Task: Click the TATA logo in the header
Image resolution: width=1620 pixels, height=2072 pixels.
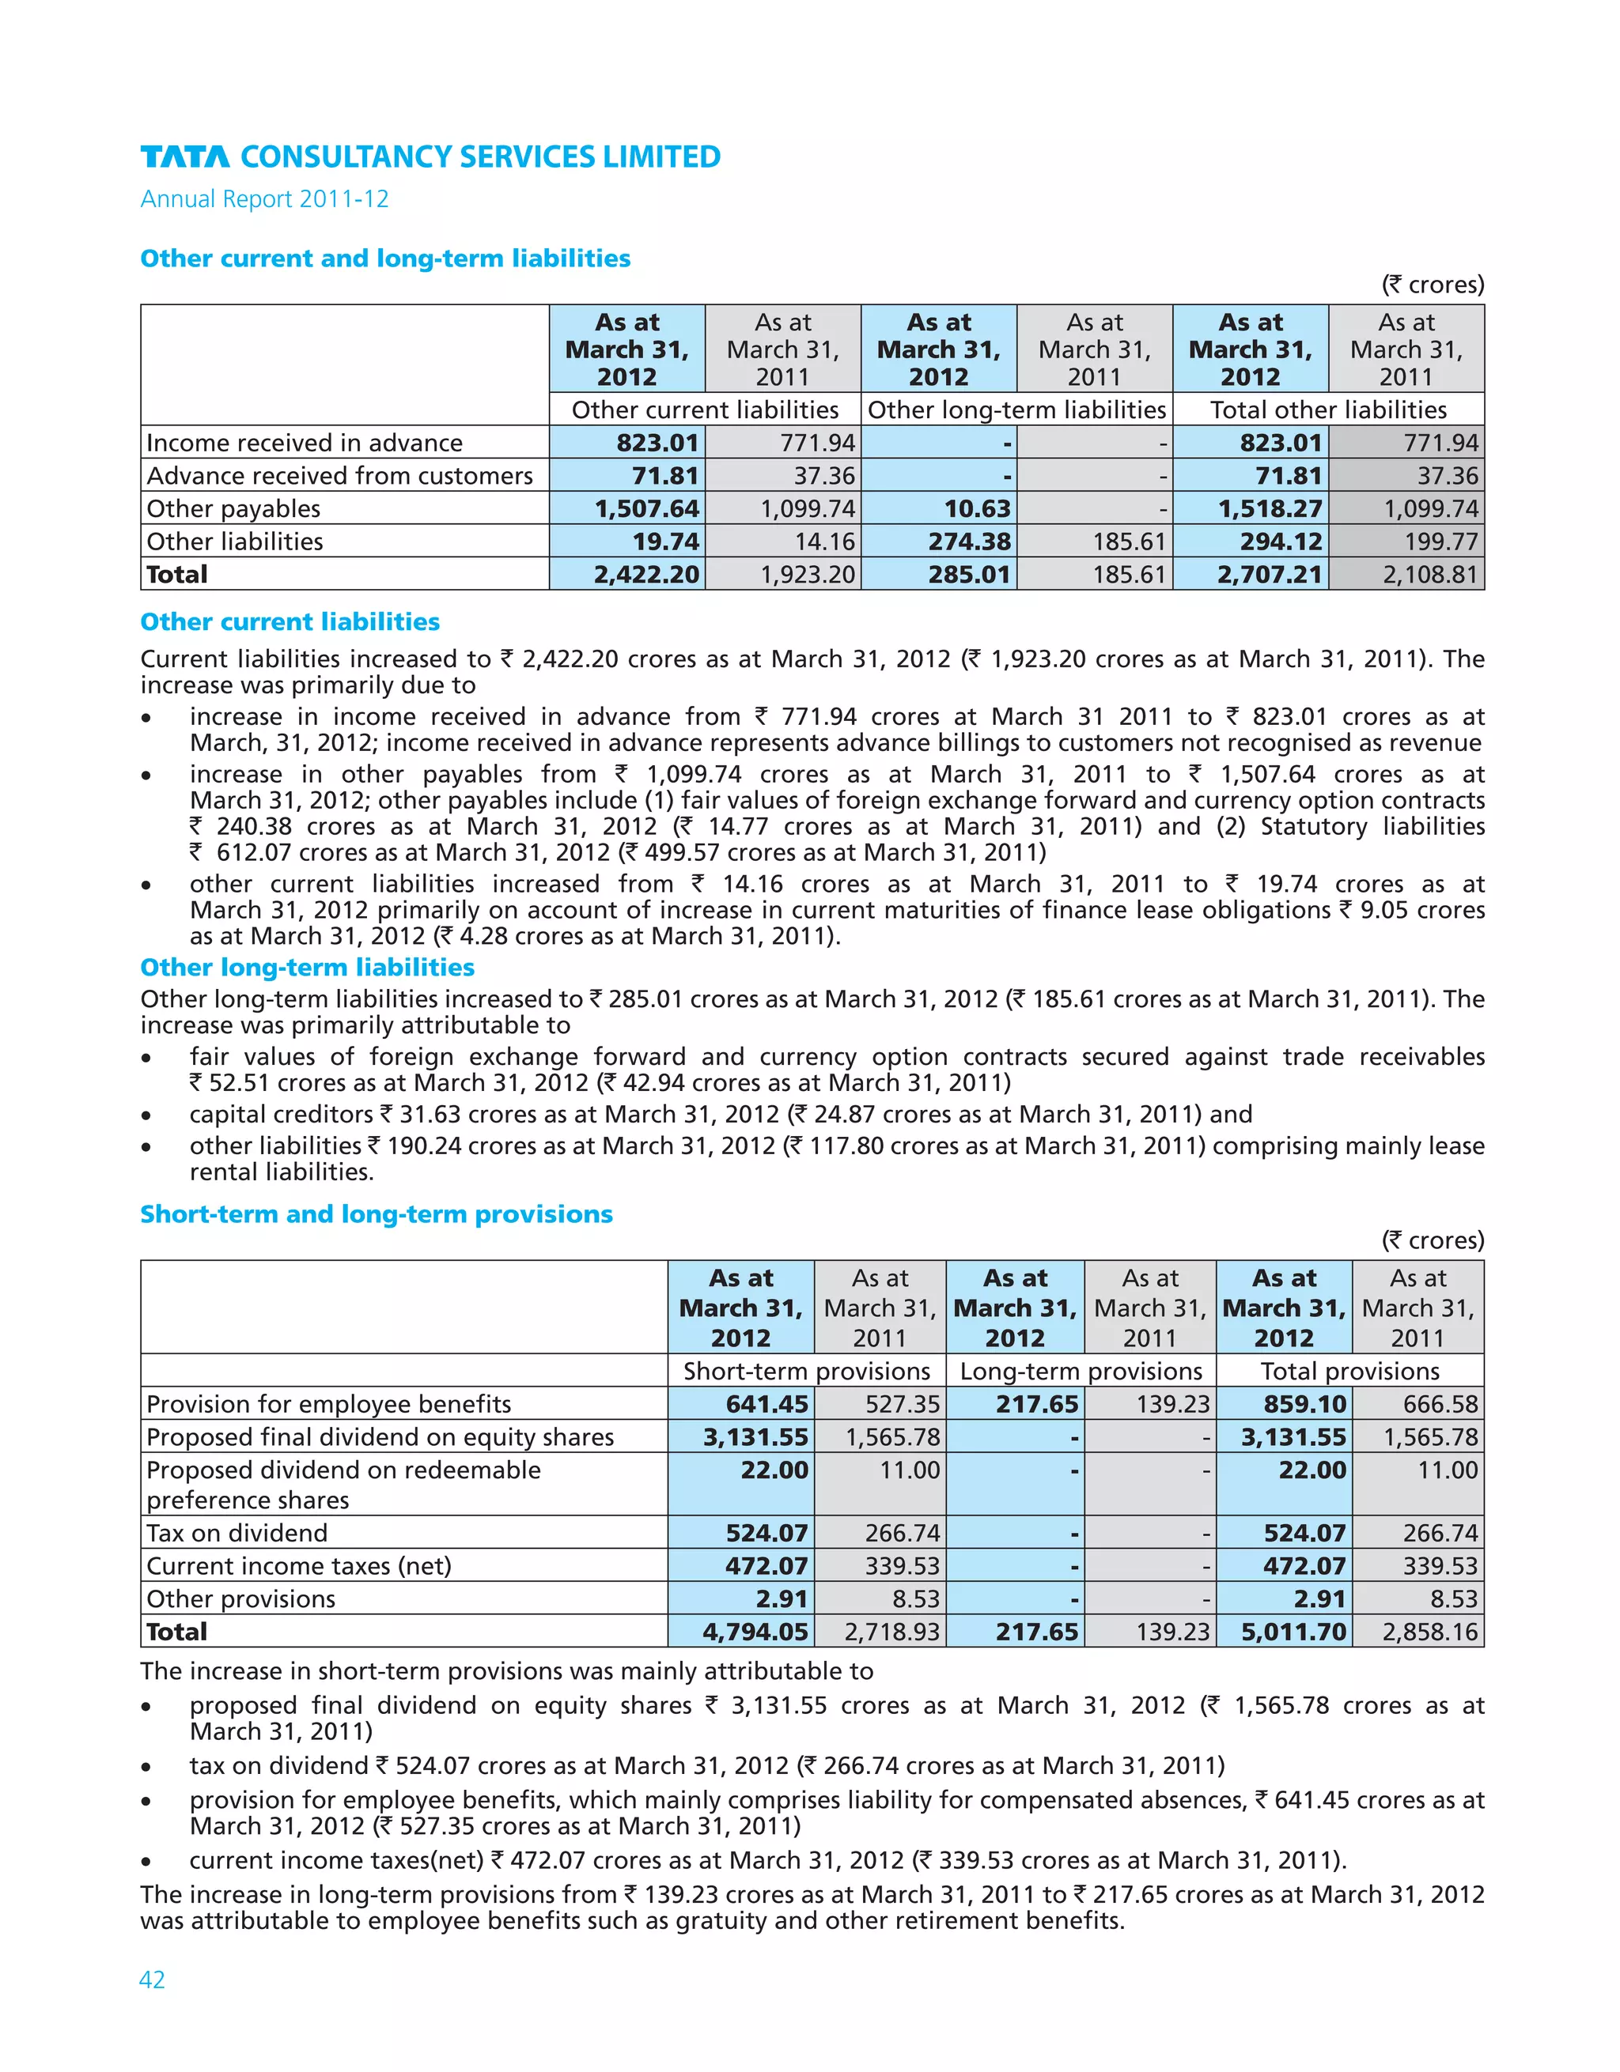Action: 185,157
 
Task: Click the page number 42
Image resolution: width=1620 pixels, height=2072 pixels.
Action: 152,1979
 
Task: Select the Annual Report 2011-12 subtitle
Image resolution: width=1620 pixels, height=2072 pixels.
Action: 265,199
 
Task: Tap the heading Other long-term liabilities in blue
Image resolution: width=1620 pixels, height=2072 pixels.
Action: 308,967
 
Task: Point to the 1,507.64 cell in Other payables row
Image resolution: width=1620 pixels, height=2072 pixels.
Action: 647,508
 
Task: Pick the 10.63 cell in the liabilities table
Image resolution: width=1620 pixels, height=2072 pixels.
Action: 978,508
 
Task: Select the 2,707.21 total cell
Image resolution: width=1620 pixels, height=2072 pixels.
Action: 1269,574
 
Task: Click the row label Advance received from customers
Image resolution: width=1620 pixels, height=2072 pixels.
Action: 340,475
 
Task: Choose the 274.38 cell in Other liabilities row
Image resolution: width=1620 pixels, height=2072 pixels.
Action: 969,542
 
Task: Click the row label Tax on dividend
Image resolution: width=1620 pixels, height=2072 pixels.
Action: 237,1533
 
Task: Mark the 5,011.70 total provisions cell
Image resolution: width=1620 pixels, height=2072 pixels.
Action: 1293,1632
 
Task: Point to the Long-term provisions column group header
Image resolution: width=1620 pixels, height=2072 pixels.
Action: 1081,1371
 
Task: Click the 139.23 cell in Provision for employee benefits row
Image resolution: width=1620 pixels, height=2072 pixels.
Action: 1173,1404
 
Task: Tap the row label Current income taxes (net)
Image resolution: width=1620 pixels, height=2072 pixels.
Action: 299,1565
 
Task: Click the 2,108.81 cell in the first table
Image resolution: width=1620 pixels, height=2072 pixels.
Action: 1430,574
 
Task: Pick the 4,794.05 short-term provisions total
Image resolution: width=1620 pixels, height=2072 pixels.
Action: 755,1632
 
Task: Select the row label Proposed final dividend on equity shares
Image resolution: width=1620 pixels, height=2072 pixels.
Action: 380,1437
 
